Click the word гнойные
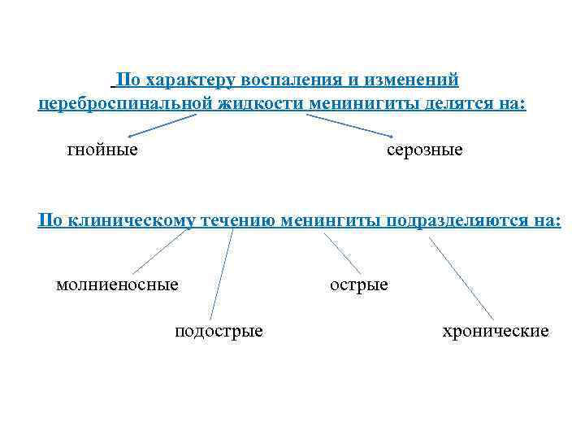pyautogui.click(x=102, y=150)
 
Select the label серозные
pyautogui.click(x=424, y=150)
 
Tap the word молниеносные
pyautogui.click(x=117, y=285)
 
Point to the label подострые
pyautogui.click(x=219, y=331)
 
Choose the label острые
pyautogui.click(x=358, y=285)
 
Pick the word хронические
pyautogui.click(x=495, y=331)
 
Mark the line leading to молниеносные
pyautogui.click(x=159, y=251)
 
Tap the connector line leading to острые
pyautogui.click(x=342, y=253)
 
